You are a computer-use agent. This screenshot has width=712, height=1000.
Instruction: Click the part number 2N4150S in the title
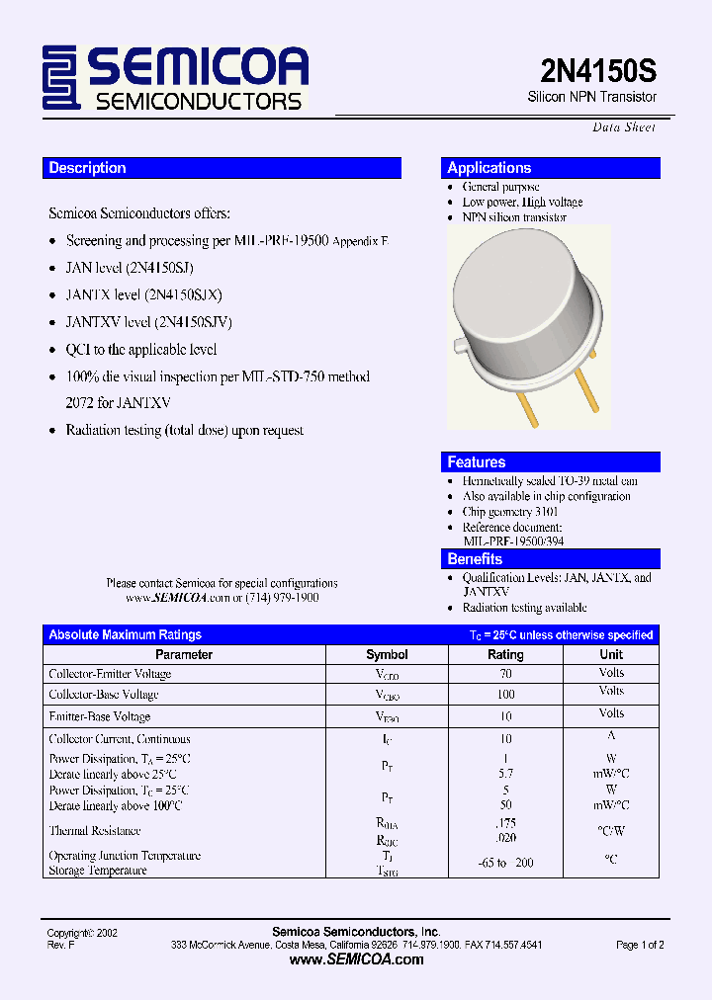tap(597, 71)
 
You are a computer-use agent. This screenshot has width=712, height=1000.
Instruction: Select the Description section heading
tap(88, 168)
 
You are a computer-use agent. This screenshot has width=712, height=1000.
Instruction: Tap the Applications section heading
tap(489, 168)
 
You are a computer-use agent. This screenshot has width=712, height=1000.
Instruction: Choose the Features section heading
tap(477, 462)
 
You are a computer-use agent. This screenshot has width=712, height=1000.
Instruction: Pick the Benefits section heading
tap(476, 559)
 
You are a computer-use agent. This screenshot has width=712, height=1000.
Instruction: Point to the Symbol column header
tap(387, 654)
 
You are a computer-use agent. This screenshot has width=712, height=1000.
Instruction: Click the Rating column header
tap(505, 654)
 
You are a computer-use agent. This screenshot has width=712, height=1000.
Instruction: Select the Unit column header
tap(611, 654)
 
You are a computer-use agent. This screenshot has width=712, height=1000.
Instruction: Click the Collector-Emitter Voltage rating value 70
tap(506, 673)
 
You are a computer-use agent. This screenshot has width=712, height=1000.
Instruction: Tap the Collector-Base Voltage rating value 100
tap(506, 695)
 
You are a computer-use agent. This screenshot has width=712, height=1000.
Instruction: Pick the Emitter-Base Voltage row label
tap(100, 716)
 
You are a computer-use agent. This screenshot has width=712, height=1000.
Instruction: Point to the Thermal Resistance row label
tap(95, 831)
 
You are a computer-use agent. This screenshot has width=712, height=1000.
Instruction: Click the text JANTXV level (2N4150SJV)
tap(149, 322)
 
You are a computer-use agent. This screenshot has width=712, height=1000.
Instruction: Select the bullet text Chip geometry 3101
tap(510, 512)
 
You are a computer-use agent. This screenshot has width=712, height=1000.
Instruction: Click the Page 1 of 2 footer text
tap(640, 946)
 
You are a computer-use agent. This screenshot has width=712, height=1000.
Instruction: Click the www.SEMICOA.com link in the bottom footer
tap(356, 959)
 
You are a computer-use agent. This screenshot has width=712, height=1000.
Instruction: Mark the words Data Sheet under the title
tap(624, 127)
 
